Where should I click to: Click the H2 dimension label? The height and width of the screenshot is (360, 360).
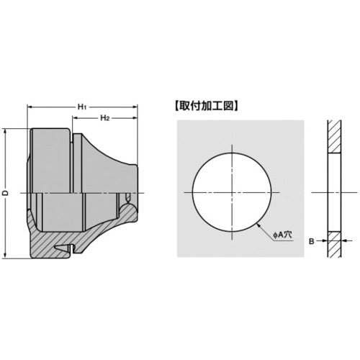[104, 117]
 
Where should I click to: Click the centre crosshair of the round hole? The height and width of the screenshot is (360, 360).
[232, 193]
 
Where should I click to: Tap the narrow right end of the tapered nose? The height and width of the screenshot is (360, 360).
[136, 193]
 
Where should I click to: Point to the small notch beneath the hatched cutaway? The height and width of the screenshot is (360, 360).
[75, 249]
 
